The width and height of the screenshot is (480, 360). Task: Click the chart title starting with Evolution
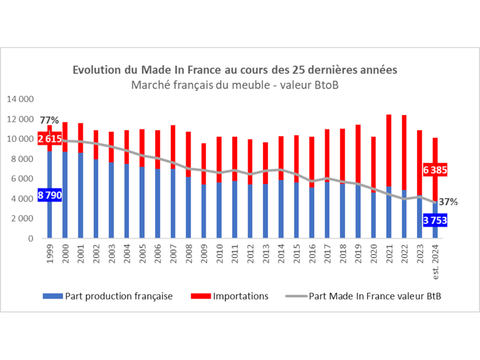pyautogui.click(x=235, y=70)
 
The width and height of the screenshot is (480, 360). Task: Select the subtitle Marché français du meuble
pyautogui.click(x=235, y=85)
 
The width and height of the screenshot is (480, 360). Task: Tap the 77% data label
pyautogui.click(x=49, y=120)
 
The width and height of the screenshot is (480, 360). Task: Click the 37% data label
pyautogui.click(x=448, y=202)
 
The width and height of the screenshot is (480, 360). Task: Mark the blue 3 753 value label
pyautogui.click(x=435, y=221)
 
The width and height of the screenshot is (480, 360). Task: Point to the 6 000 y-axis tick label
pyautogui.click(x=22, y=179)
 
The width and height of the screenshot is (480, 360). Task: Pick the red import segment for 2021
pyautogui.click(x=388, y=149)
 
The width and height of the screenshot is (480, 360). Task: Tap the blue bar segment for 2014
pyautogui.click(x=280, y=211)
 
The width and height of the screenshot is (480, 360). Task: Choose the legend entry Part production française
pyautogui.click(x=108, y=296)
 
